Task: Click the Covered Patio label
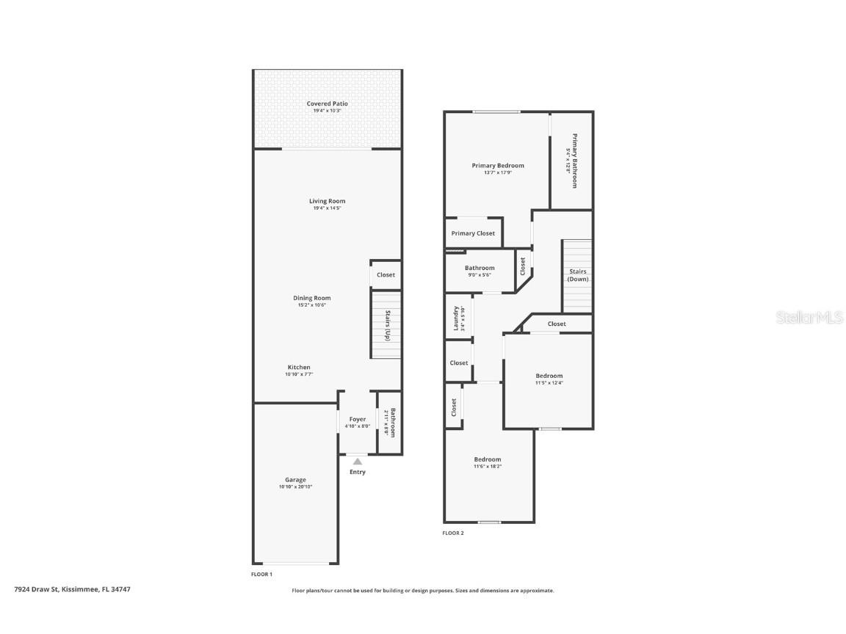pyautogui.click(x=327, y=104)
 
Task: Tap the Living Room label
pyautogui.click(x=327, y=201)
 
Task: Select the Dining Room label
pyautogui.click(x=312, y=298)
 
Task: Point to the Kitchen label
pyautogui.click(x=299, y=367)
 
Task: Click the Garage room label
pyautogui.click(x=295, y=480)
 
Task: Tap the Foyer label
pyautogui.click(x=357, y=420)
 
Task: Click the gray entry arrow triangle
pyautogui.click(x=358, y=462)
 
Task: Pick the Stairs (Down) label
pyautogui.click(x=578, y=275)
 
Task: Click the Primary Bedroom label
pyautogui.click(x=497, y=166)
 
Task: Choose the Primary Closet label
pyautogui.click(x=473, y=233)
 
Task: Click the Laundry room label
pyautogui.click(x=456, y=318)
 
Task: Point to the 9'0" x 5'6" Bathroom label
pyautogui.click(x=479, y=269)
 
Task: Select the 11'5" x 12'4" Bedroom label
pyautogui.click(x=549, y=376)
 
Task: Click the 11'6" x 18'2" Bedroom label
pyautogui.click(x=487, y=460)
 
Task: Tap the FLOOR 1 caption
pyautogui.click(x=262, y=574)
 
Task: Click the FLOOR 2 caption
pyautogui.click(x=453, y=533)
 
